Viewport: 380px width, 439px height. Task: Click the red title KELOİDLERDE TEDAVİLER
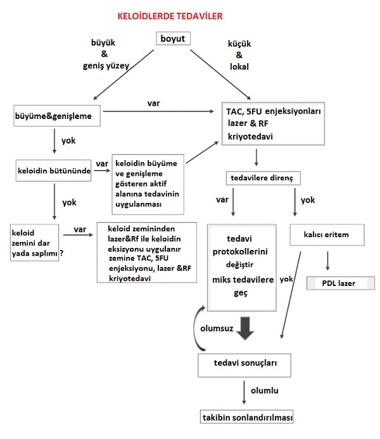click(x=170, y=16)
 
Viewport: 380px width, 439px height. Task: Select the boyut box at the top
click(x=173, y=39)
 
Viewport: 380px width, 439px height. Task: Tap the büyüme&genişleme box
click(x=57, y=116)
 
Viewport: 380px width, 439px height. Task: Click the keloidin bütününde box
click(x=54, y=171)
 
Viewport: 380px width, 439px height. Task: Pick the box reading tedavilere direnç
click(x=263, y=178)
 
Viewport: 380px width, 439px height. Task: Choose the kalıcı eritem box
click(x=327, y=235)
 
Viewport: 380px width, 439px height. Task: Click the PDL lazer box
click(x=341, y=283)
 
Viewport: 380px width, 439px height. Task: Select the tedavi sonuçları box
click(x=244, y=365)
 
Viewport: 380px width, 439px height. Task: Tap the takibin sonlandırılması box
click(x=246, y=417)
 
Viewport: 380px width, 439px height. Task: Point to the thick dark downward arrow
click(x=245, y=328)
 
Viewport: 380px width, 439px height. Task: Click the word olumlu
click(x=265, y=390)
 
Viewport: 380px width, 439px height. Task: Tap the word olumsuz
click(x=217, y=328)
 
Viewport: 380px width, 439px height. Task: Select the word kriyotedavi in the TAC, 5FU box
click(x=250, y=137)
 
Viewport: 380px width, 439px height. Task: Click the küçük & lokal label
click(x=239, y=55)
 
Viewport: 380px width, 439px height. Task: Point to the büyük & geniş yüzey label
click(x=106, y=54)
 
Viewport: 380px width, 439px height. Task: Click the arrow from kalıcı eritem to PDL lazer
click(x=327, y=261)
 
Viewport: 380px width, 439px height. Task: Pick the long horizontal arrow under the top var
click(x=158, y=111)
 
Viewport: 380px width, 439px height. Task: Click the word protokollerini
click(x=240, y=251)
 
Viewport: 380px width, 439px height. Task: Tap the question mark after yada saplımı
click(x=61, y=253)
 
